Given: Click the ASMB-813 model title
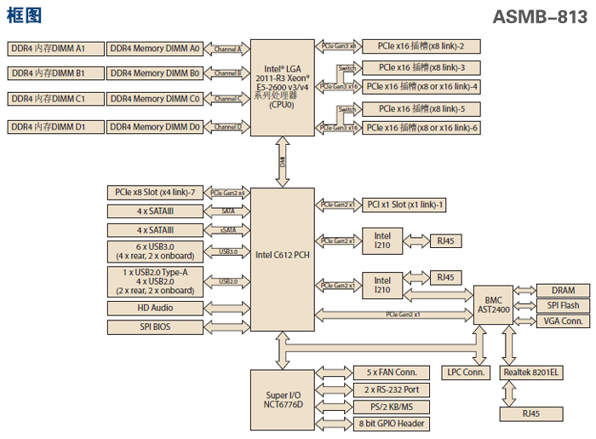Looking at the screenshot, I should (x=540, y=17).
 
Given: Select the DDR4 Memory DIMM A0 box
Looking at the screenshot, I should (x=155, y=49).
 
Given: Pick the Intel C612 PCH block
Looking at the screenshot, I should (x=282, y=254).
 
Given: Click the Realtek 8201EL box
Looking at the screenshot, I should (x=531, y=372).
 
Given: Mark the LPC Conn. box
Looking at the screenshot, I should (x=466, y=372).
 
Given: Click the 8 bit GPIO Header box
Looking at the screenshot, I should (x=392, y=424).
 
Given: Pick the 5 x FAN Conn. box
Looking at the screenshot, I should (x=392, y=373).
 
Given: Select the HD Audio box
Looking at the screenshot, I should (x=155, y=308).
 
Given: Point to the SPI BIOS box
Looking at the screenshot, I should (x=155, y=327).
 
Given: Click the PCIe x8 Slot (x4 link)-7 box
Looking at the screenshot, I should (x=155, y=192).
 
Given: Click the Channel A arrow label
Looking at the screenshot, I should (x=227, y=49).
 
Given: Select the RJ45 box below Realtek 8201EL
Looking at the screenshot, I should (x=531, y=413).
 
